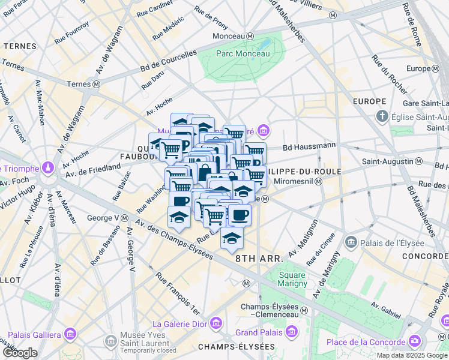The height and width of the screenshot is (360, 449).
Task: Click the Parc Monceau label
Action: click(243, 53)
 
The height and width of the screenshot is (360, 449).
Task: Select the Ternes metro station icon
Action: click(96, 85)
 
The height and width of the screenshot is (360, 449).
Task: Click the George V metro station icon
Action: click(124, 218)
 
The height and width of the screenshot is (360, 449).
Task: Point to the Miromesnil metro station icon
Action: click(319, 182)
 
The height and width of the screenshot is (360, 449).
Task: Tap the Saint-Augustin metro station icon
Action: click(418, 162)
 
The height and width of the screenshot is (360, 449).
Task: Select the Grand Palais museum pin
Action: click(292, 332)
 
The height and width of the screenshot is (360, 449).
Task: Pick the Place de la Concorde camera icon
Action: click(414, 342)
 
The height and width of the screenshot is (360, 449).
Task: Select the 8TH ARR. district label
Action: click(259, 259)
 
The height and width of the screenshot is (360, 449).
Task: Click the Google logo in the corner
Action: click(20, 353)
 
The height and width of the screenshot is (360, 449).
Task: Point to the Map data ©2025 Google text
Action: click(412, 355)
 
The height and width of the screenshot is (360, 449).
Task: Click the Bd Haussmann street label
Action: click(309, 146)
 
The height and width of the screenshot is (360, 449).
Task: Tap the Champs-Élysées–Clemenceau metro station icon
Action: click(304, 310)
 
